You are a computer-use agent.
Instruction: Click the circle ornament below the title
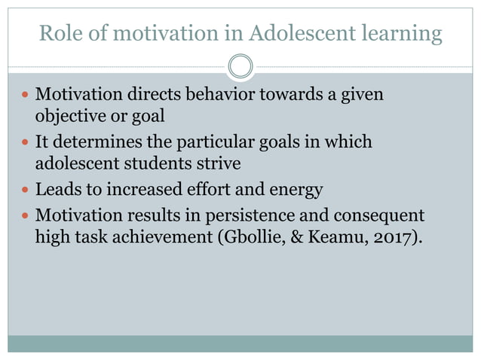pyautogui.click(x=240, y=66)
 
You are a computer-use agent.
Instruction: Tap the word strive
pyautogui.click(x=218, y=163)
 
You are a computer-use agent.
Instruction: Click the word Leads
pyautogui.click(x=60, y=189)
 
